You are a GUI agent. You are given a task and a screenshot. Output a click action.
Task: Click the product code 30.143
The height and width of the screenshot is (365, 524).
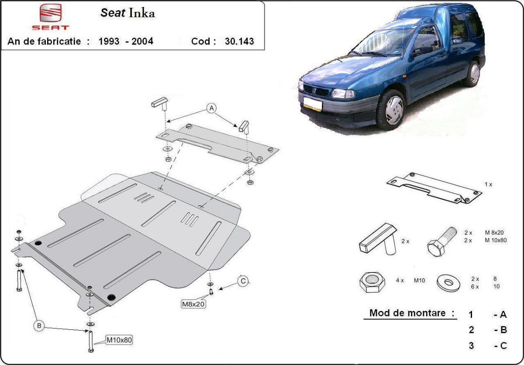tap(239, 41)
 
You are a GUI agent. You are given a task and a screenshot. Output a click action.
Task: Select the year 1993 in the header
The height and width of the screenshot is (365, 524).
tap(109, 41)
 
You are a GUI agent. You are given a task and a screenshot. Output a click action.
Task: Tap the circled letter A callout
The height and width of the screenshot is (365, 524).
tap(211, 108)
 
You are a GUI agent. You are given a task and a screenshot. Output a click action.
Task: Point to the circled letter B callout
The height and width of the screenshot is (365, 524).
tap(39, 326)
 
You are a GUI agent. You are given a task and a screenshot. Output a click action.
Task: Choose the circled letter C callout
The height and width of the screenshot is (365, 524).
tap(243, 281)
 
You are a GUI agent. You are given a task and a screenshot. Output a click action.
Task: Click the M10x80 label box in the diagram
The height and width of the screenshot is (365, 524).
tap(119, 340)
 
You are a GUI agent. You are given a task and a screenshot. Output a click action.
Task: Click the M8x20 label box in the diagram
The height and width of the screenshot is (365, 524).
tap(193, 304)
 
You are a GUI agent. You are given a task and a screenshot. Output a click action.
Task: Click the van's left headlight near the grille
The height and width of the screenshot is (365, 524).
tap(342, 94)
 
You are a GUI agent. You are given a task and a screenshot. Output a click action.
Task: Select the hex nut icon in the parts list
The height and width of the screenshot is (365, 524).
tap(372, 282)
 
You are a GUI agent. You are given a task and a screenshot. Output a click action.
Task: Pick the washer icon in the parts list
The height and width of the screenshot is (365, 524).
tap(448, 283)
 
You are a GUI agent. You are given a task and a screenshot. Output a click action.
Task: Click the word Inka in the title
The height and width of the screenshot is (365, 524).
tap(142, 13)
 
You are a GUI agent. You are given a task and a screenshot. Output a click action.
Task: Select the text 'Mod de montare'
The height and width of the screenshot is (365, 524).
tap(407, 313)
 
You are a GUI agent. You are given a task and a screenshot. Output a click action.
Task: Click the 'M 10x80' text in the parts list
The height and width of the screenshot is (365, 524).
tap(496, 240)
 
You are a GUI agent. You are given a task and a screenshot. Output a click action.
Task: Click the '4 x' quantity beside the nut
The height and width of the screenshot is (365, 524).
tap(400, 280)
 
